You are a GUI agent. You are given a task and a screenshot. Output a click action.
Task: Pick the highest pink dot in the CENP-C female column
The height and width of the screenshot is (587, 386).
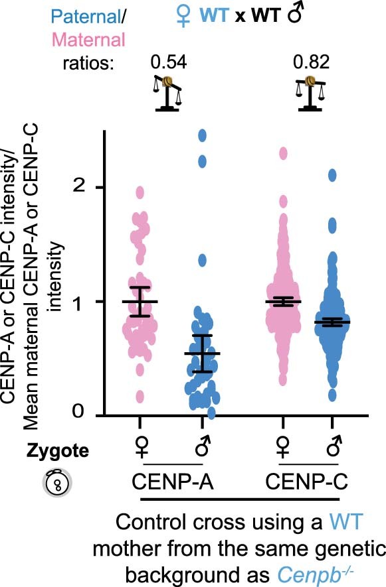[x=284, y=153]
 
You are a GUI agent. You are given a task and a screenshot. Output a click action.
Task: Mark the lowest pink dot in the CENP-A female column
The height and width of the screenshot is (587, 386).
[x=140, y=397]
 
